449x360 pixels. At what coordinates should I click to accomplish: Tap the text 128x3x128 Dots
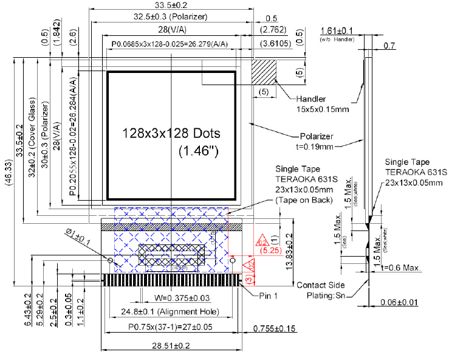coord(171,133)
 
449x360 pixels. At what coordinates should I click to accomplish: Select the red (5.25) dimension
coord(268,249)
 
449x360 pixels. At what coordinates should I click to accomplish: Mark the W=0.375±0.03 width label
coord(174,298)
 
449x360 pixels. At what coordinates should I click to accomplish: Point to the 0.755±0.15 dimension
coord(274,329)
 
